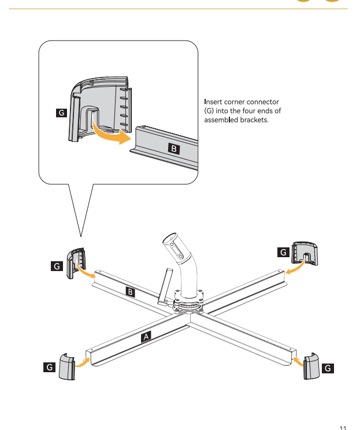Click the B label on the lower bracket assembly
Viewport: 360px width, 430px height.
click(x=131, y=292)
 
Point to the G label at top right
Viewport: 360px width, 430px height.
click(x=283, y=252)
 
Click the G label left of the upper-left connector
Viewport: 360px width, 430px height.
click(x=56, y=266)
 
